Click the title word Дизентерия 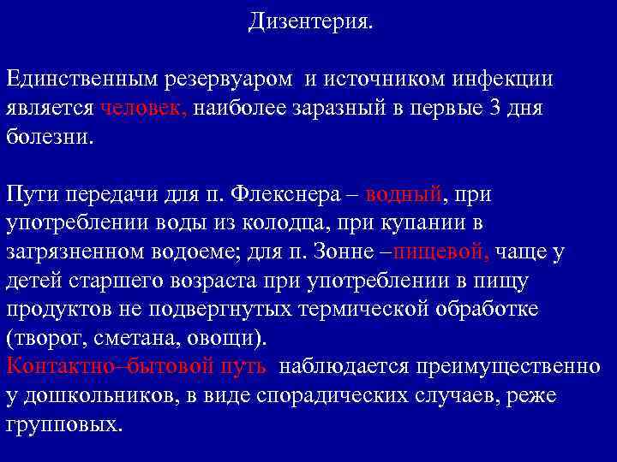click(x=310, y=21)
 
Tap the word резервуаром click(x=242, y=80)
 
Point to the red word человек click(x=144, y=110)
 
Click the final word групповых click(x=64, y=425)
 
